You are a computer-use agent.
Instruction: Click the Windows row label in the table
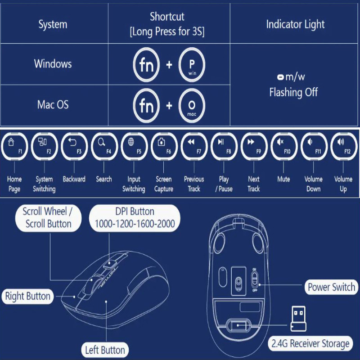[x=53, y=63]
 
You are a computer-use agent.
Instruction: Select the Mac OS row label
[x=53, y=105]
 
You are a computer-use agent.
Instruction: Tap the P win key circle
[x=192, y=65]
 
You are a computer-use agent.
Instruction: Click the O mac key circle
[x=192, y=106]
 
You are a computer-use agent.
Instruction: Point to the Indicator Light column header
[x=295, y=24]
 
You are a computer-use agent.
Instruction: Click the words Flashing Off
[x=293, y=92]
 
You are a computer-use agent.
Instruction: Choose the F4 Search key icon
[x=104, y=147]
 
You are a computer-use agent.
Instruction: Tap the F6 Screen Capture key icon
[x=164, y=147]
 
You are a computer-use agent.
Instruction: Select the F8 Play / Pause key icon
[x=224, y=147]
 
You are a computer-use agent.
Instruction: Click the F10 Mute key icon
[x=283, y=147]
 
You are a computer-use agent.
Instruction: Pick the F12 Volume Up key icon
[x=343, y=147]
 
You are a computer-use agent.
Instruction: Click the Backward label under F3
[x=74, y=179]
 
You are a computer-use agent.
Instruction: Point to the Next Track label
[x=253, y=184]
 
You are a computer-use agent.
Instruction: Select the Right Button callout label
[x=28, y=296]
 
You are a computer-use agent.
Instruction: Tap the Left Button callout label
[x=105, y=350]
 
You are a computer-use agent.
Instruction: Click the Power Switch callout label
[x=331, y=287]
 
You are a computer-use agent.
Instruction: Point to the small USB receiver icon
[x=298, y=318]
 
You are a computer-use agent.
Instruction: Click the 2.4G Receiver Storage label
[x=310, y=344]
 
